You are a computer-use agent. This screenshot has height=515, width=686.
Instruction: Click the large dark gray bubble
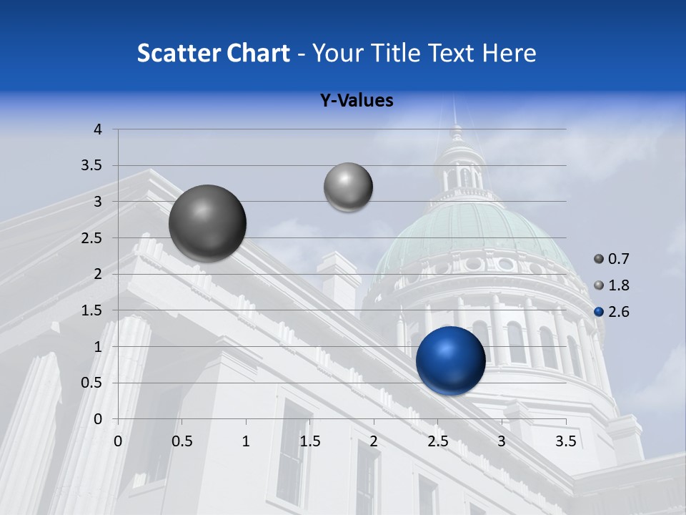(208, 223)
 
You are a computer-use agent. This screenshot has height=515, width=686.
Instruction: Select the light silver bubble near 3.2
(348, 187)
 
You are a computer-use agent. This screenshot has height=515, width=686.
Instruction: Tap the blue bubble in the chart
(450, 360)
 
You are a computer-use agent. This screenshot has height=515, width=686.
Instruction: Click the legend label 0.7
(619, 259)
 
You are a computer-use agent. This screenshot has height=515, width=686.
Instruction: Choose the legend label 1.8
(619, 285)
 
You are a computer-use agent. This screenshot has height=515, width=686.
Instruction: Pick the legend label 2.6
(619, 312)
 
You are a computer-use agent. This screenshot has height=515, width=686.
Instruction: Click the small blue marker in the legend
(599, 312)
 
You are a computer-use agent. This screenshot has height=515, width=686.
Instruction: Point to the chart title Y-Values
(357, 101)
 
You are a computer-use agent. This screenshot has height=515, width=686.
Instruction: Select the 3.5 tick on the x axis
(565, 441)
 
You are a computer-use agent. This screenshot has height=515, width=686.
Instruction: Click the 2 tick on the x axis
(374, 441)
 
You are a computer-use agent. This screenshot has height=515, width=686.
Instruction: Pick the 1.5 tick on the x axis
(309, 441)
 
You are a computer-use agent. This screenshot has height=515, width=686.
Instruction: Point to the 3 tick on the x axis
(502, 441)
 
